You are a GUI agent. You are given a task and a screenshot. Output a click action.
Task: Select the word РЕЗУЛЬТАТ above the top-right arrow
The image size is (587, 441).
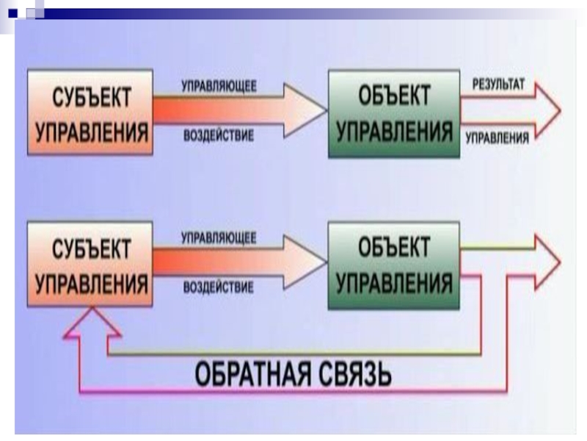click(493, 85)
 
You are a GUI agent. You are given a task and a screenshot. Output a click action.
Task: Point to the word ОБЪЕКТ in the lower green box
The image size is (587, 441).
click(395, 248)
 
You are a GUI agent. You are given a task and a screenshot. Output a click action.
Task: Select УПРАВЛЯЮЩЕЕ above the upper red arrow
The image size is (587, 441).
click(219, 86)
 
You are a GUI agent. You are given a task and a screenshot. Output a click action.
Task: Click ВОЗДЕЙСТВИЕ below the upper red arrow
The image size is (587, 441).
click(219, 135)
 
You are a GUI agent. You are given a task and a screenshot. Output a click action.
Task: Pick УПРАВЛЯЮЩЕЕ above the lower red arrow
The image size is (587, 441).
click(219, 237)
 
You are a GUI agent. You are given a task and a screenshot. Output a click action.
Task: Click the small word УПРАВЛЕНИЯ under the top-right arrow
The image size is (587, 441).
click(497, 136)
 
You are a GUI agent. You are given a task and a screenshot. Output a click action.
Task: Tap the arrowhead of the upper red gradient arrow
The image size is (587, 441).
click(308, 111)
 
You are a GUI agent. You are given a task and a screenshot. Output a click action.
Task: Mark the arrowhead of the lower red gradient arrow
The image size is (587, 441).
click(308, 262)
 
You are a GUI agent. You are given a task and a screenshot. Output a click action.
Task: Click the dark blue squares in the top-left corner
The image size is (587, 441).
click(23, 10)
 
